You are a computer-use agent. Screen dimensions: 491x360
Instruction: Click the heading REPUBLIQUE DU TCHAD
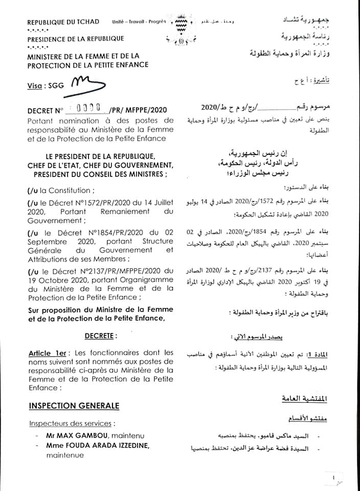coord(63,23)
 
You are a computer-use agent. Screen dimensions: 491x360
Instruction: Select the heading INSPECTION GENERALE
coord(74,406)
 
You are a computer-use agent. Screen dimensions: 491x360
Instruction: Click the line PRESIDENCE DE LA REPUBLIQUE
coord(76,38)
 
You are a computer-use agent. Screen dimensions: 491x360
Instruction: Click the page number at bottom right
coord(332,478)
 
